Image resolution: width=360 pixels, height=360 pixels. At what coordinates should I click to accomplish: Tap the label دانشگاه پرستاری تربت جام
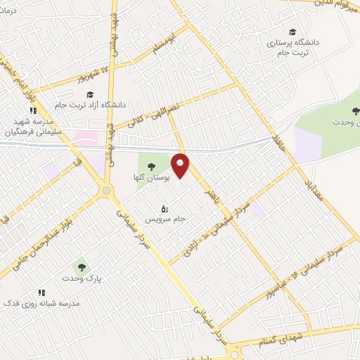pyautogui.click(x=292, y=47)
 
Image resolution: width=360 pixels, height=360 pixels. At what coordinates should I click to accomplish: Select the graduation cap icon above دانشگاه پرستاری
pyautogui.click(x=292, y=32)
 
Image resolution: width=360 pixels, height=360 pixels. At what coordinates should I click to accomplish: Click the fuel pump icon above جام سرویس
pyautogui.click(x=165, y=208)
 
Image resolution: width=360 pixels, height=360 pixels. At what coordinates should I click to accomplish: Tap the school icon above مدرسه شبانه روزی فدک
pyautogui.click(x=41, y=292)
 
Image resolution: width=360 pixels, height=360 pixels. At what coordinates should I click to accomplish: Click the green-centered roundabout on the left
pyautogui.click(x=105, y=189)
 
